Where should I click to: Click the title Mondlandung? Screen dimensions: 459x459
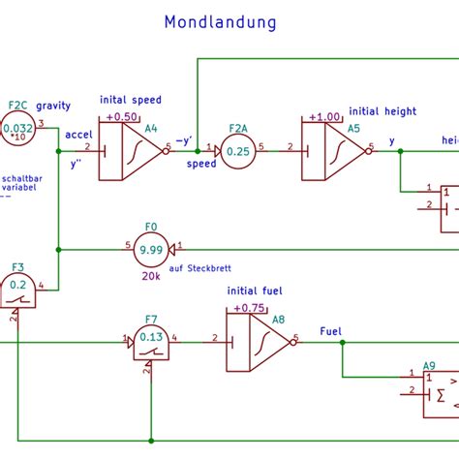[x=220, y=21]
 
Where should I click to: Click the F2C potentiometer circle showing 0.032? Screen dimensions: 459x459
[x=17, y=129]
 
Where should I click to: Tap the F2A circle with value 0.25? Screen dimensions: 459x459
[x=237, y=150]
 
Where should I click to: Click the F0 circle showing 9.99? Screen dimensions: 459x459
[x=150, y=249]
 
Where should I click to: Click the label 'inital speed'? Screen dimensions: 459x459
[x=131, y=100]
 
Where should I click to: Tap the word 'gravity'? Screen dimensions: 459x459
[x=53, y=106]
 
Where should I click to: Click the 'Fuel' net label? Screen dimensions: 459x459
[x=330, y=331]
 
